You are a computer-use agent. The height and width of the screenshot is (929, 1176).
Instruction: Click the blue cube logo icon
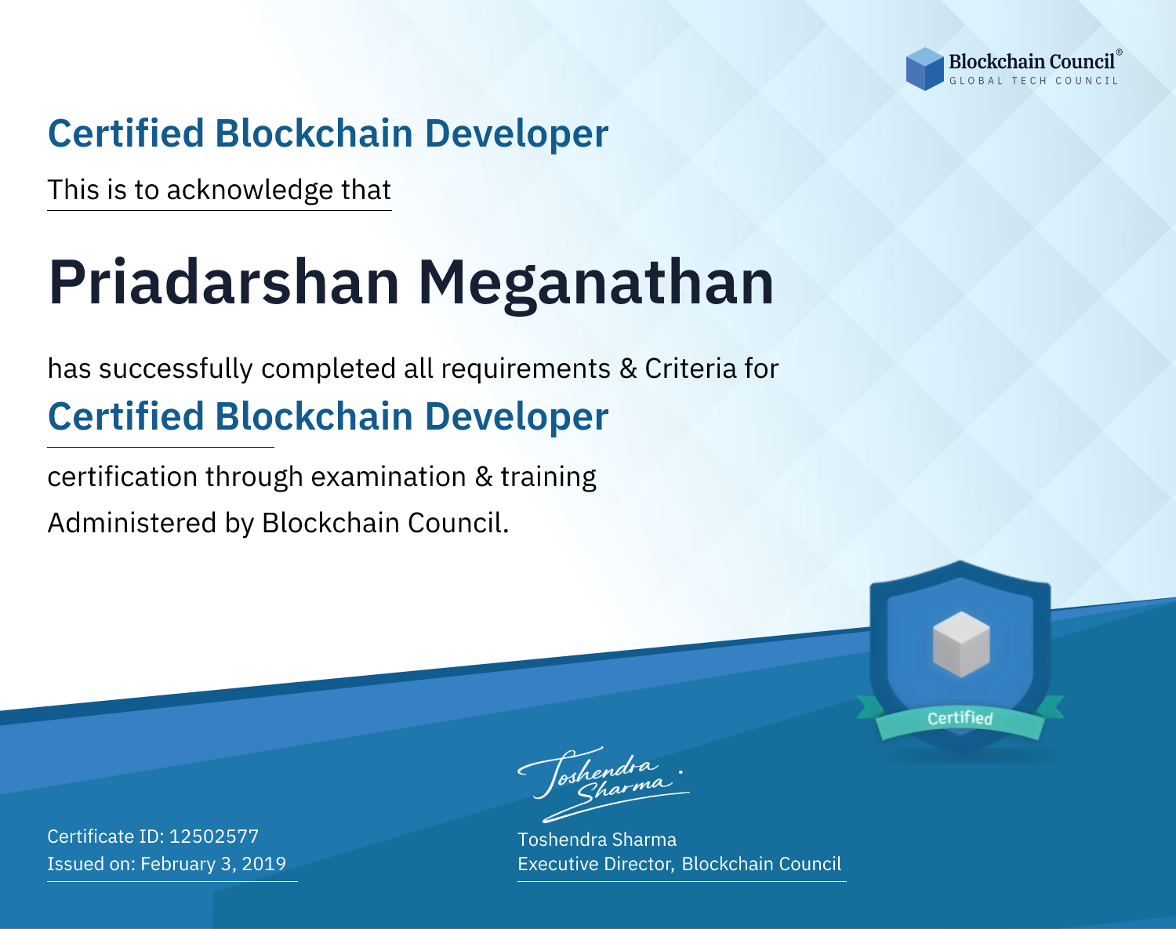click(924, 69)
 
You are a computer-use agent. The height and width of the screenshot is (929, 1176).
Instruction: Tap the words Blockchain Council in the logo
click(1032, 62)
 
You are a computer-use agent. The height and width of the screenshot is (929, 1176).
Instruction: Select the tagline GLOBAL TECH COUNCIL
click(1033, 81)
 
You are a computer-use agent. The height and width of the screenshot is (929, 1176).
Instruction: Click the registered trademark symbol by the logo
click(1120, 53)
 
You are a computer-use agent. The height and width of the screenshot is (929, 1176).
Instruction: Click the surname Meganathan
click(596, 285)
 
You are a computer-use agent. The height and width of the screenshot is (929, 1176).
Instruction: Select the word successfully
click(176, 369)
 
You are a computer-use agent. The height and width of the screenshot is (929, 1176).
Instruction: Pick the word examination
click(389, 477)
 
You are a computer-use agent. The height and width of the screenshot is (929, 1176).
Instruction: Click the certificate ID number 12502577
click(214, 836)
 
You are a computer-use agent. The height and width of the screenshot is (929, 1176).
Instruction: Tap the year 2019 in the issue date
click(264, 863)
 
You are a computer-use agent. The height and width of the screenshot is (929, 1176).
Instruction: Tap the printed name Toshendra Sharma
click(597, 840)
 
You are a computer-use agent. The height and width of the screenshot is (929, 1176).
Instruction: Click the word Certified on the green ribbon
click(960, 718)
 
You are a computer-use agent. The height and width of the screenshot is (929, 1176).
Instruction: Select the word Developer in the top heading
click(517, 134)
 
